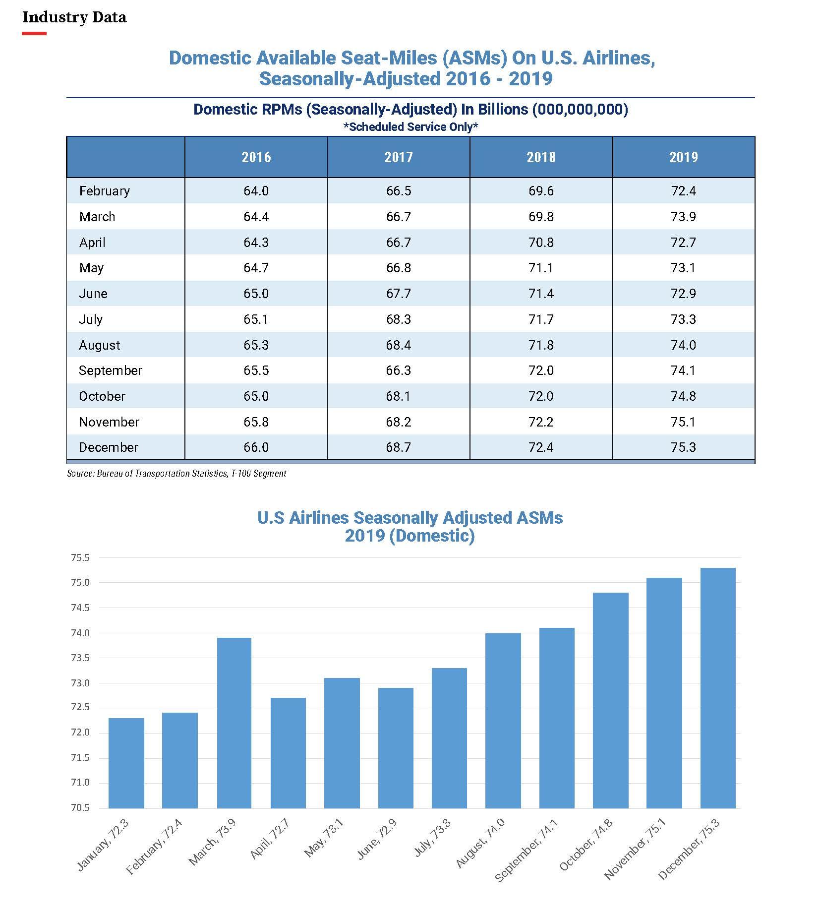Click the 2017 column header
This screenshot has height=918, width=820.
coord(399,157)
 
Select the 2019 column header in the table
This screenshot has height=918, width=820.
coord(683,157)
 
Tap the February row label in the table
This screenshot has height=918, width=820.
coord(105,191)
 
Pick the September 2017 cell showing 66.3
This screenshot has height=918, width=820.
coord(399,370)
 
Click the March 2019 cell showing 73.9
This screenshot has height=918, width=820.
coord(683,217)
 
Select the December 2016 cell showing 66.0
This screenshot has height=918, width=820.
coord(256,447)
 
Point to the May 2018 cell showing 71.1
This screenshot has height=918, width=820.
coord(541,268)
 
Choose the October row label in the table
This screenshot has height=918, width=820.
coord(102,396)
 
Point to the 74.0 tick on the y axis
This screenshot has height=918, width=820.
coord(80,633)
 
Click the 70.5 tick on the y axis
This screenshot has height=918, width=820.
coord(80,808)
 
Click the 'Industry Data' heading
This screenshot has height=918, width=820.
coord(74,17)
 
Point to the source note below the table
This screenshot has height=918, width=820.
coord(176,474)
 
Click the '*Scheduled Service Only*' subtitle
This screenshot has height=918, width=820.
coord(410,127)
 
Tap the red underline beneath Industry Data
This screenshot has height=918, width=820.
coord(34,34)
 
